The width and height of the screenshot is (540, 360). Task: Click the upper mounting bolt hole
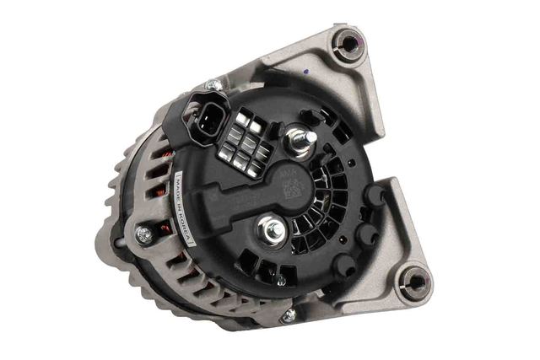point(346,42)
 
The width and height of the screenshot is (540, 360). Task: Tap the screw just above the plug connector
point(215,85)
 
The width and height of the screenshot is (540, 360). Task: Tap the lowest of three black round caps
point(343,265)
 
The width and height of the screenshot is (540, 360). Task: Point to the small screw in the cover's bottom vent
point(279,279)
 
